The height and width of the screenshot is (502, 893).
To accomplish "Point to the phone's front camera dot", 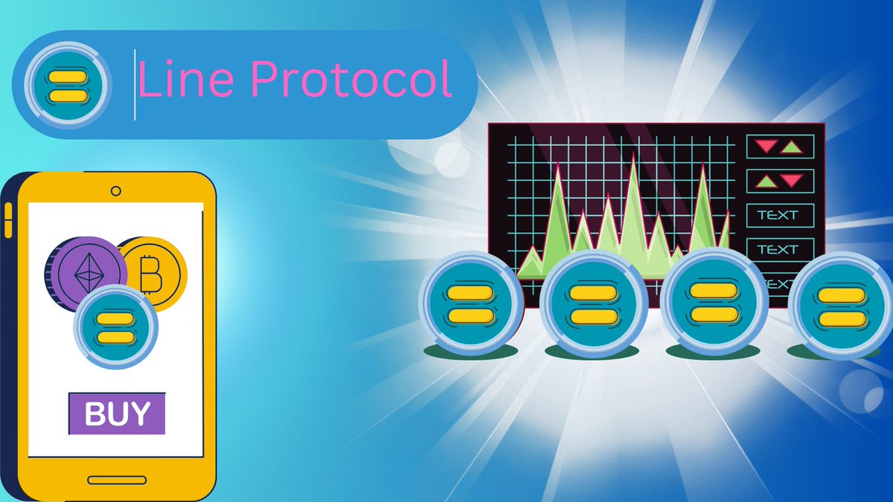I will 115,190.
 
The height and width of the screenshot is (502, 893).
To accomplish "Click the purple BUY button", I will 117,414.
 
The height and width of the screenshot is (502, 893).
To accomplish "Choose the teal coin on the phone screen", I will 116,327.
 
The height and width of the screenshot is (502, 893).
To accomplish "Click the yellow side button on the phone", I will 8,221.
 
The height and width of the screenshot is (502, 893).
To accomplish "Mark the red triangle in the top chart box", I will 766,147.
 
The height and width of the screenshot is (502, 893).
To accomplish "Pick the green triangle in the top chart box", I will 792,146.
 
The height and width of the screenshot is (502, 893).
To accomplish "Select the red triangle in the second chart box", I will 792,180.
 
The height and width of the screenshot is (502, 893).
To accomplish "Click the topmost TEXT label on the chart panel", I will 778,216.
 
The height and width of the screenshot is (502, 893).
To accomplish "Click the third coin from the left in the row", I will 712,303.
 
